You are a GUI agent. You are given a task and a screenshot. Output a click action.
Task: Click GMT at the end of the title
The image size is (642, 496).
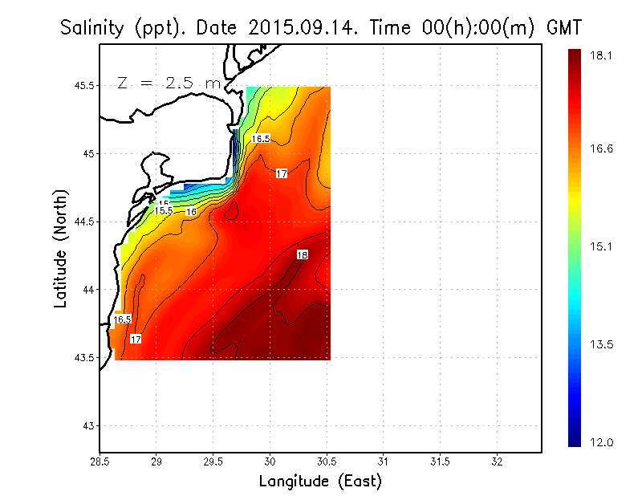563,28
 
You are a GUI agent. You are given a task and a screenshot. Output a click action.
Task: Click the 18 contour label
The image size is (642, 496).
302,255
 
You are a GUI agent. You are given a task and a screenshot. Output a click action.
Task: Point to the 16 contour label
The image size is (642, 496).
191,212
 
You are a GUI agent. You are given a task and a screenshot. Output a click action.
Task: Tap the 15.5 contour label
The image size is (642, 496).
164,210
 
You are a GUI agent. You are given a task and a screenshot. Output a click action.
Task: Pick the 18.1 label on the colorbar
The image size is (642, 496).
601,55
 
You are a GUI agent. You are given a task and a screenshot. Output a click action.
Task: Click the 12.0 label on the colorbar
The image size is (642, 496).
601,442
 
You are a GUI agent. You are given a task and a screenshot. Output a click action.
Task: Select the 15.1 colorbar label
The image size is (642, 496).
601,246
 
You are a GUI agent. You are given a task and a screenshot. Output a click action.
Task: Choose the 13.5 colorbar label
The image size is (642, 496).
601,344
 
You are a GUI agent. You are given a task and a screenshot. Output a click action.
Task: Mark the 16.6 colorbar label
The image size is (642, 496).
601,148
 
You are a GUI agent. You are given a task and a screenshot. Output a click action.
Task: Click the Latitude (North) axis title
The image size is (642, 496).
60,247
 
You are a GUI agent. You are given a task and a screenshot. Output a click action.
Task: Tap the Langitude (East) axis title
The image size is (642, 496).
320,482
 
